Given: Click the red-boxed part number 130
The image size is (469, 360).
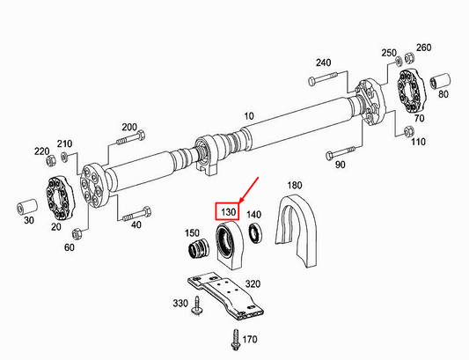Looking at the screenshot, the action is pyautogui.click(x=228, y=212).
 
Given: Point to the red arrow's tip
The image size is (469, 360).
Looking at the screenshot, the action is pyautogui.click(x=239, y=203).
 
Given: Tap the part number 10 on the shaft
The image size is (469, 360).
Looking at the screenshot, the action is pyautogui.click(x=248, y=116).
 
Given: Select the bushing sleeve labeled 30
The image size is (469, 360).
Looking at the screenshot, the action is pyautogui.click(x=26, y=206).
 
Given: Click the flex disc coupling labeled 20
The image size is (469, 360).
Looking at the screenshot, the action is pyautogui.click(x=60, y=198).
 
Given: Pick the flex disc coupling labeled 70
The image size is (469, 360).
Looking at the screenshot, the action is pyautogui.click(x=411, y=91).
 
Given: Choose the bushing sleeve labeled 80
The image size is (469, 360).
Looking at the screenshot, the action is pyautogui.click(x=440, y=81).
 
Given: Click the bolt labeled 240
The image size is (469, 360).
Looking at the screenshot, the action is pyautogui.click(x=323, y=77).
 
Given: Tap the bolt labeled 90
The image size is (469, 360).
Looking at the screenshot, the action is pyautogui.click(x=340, y=152).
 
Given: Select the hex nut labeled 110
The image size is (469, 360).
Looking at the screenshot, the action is pyautogui.click(x=408, y=131).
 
